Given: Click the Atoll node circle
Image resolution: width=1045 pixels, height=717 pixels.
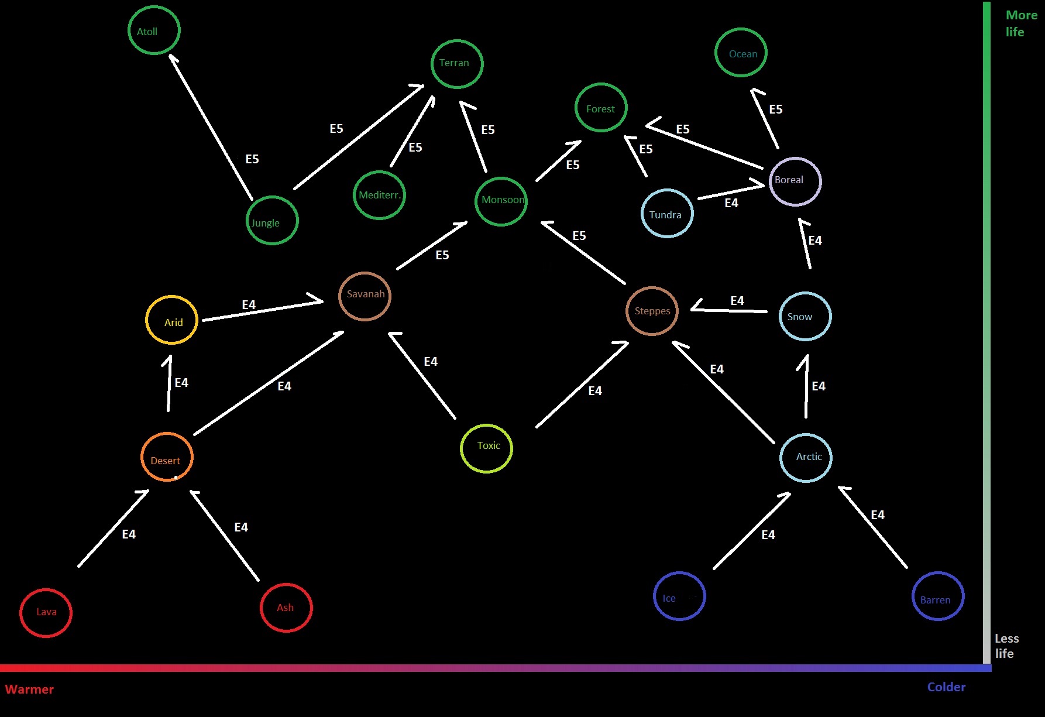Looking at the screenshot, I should [x=154, y=30].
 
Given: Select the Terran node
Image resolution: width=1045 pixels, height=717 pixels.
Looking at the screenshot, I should [x=457, y=64].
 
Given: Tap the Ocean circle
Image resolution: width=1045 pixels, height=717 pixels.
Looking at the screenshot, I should [x=741, y=53].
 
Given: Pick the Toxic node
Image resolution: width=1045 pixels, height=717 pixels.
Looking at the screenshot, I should [x=486, y=448].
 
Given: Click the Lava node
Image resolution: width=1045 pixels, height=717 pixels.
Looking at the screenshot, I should [x=46, y=613].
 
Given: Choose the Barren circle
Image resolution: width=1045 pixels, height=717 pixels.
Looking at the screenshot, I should [x=938, y=596].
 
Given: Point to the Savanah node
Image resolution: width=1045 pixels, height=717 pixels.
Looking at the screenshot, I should [x=365, y=296].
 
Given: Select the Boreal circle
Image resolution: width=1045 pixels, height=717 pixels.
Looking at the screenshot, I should [x=795, y=181].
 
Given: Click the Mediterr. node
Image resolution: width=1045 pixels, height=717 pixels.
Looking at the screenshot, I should [x=379, y=195].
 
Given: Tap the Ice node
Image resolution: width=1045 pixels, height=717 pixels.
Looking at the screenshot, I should [x=679, y=596].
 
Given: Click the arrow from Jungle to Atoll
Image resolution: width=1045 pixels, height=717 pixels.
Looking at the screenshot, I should [x=211, y=126].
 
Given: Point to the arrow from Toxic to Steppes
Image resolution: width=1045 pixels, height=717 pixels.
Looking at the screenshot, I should [x=582, y=385].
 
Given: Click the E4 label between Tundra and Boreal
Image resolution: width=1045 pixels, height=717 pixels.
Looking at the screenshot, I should [x=731, y=203].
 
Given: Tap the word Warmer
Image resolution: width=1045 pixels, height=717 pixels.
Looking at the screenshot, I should [x=29, y=689].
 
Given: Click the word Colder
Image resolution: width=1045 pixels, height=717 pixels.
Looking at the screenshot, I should [x=946, y=687].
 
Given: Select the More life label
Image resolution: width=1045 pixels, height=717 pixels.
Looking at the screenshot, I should [x=1020, y=23].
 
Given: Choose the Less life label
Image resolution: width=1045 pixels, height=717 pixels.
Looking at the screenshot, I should [x=1006, y=646].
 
